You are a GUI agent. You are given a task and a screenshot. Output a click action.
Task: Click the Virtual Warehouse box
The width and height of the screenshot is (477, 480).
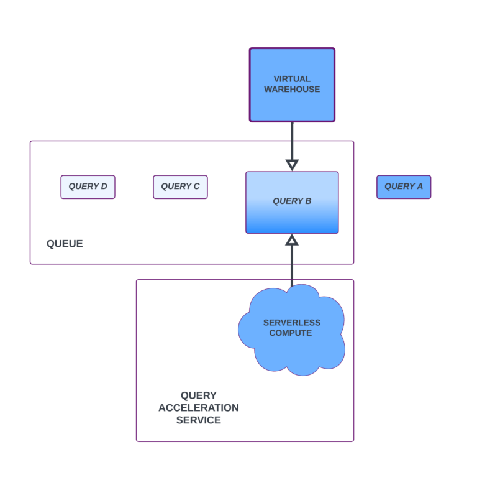292,85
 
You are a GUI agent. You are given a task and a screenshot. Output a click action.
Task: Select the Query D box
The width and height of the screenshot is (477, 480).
88,187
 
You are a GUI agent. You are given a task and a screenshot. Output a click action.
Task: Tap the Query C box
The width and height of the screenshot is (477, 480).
180,187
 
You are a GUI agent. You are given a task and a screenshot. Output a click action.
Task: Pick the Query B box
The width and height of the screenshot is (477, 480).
292,202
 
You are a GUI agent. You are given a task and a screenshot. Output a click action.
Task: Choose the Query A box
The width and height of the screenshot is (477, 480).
404,187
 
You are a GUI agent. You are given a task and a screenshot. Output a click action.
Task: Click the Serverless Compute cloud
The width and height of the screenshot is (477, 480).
292,330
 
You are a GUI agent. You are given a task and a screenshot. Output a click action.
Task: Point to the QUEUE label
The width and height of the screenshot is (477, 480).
65,244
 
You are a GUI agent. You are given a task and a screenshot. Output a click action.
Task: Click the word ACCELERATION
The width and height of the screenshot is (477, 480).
199,408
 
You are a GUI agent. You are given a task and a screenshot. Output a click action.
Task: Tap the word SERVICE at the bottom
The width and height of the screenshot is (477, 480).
199,420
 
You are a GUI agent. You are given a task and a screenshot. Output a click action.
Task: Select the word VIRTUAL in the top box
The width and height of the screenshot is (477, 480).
292,79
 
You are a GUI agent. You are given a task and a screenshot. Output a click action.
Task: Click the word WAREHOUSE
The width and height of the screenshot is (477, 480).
292,89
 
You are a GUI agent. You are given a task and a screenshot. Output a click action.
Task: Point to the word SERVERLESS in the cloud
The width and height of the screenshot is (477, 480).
292,323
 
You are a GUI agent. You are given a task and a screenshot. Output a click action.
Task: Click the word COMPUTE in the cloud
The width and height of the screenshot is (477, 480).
291,333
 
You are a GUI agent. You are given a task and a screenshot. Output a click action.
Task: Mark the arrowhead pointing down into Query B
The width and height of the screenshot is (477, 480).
292,165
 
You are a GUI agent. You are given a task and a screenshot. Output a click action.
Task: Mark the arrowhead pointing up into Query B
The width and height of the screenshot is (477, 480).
292,240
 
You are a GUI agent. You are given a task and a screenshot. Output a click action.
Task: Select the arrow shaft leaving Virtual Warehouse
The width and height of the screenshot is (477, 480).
292,141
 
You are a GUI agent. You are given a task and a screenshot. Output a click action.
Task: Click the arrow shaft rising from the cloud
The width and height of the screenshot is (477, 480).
292,265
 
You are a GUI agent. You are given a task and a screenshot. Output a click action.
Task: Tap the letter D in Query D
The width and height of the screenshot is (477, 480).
104,186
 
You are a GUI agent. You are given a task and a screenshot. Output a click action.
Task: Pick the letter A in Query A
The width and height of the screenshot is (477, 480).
420,186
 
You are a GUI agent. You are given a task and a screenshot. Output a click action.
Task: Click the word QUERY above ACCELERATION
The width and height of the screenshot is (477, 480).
199,395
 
